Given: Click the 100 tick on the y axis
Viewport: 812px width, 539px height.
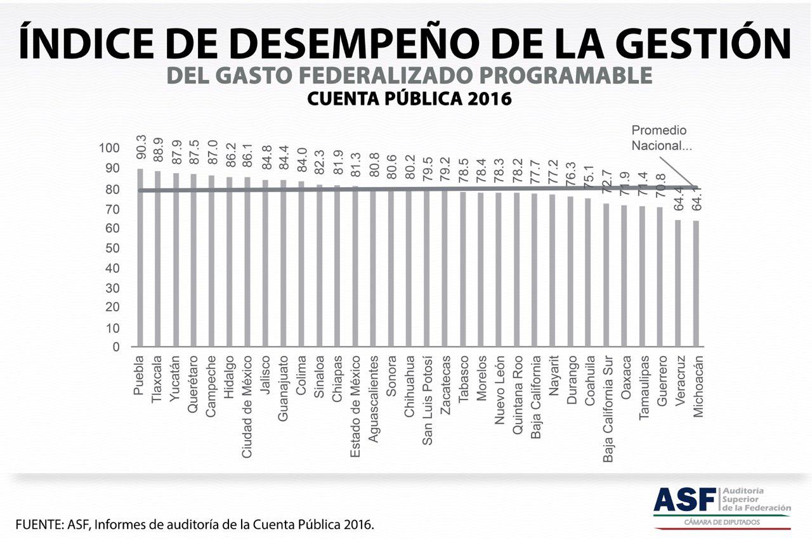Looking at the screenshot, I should [109, 148].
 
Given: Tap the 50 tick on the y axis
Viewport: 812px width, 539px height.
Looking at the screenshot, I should [112, 248].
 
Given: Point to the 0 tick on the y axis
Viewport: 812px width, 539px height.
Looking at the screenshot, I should [115, 347].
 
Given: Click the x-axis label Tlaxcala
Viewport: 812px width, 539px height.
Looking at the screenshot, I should [157, 377].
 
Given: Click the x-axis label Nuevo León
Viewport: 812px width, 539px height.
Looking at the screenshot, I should [500, 384].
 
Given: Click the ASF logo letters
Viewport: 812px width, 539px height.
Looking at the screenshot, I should [684, 500].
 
